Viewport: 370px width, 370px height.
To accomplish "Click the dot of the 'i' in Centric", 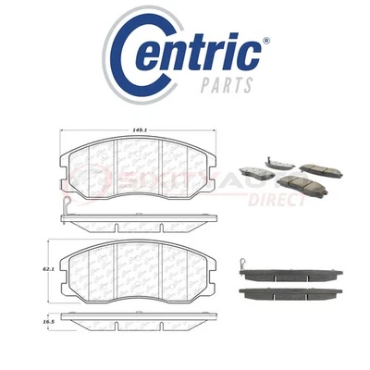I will tap(240, 38).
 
